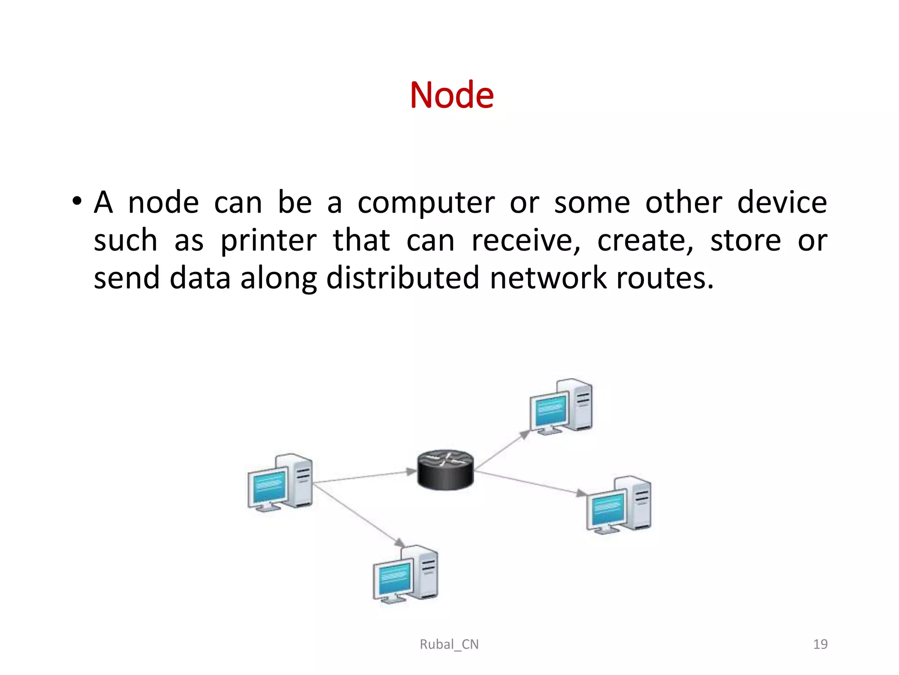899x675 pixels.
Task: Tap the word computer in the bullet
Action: click(x=426, y=203)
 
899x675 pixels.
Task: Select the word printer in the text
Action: click(x=268, y=241)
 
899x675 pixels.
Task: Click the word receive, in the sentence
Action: click(x=525, y=241)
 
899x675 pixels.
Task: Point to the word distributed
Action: click(x=403, y=278)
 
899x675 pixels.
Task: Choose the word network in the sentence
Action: click(x=548, y=278)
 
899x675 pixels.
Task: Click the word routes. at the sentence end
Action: click(x=665, y=278)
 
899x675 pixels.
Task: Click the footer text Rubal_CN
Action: click(x=449, y=644)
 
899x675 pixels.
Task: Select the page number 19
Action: click(x=820, y=644)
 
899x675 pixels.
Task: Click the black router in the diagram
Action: click(x=445, y=469)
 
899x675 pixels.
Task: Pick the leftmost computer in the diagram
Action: click(x=280, y=483)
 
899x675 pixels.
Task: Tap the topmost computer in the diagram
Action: click(x=561, y=406)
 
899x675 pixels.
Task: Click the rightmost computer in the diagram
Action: click(x=619, y=505)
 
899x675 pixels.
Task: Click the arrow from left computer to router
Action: click(x=364, y=476)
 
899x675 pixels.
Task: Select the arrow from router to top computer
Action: click(x=502, y=450)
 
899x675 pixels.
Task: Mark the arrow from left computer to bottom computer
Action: click(x=358, y=515)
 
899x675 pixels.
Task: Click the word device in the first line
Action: click(x=782, y=203)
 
